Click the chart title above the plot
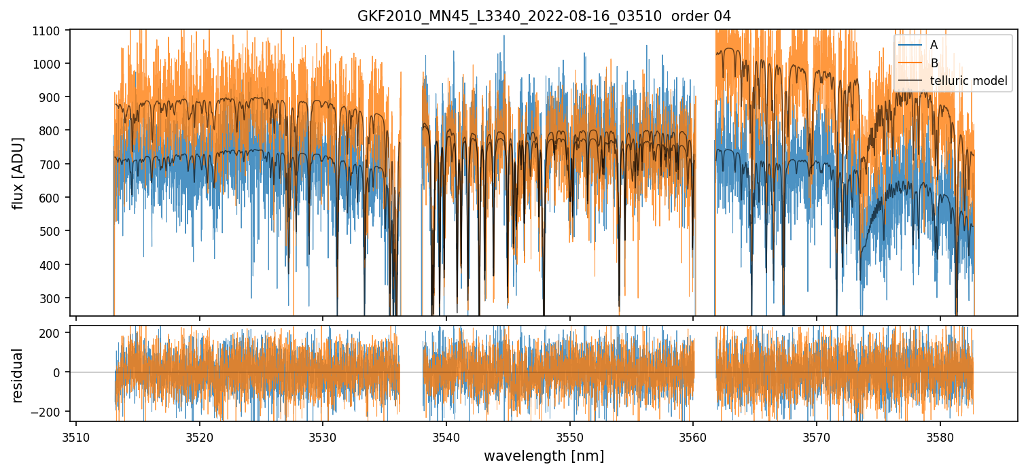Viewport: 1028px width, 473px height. [x=544, y=16]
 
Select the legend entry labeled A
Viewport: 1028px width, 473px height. [x=934, y=45]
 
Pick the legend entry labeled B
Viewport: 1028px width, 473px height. [x=934, y=63]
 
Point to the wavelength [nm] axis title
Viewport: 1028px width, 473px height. [x=544, y=455]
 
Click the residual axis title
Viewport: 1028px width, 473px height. [x=18, y=375]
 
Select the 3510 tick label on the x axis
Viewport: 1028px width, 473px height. [x=75, y=436]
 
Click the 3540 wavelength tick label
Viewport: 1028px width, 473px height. [x=446, y=436]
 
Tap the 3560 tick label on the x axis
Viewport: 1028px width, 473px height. [x=693, y=436]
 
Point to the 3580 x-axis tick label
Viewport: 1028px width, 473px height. [x=940, y=436]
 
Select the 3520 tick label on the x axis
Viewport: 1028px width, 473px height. [x=199, y=436]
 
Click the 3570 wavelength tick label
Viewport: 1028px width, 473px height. [x=816, y=436]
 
